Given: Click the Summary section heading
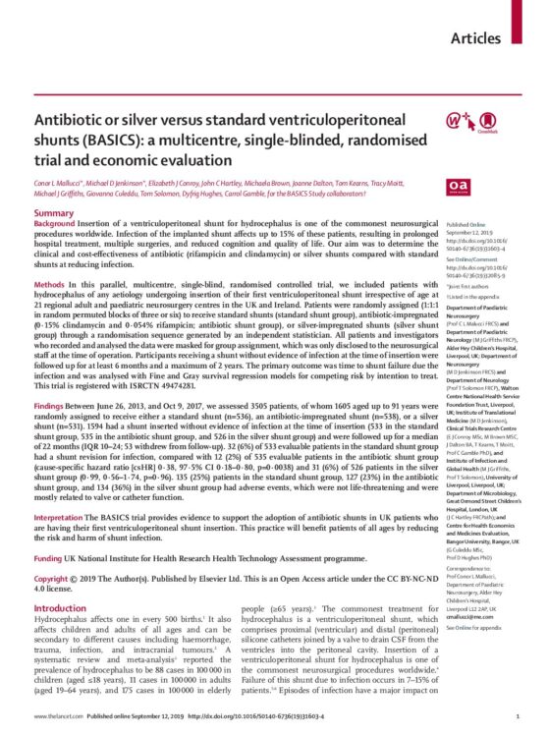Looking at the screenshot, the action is click(x=54, y=212).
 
